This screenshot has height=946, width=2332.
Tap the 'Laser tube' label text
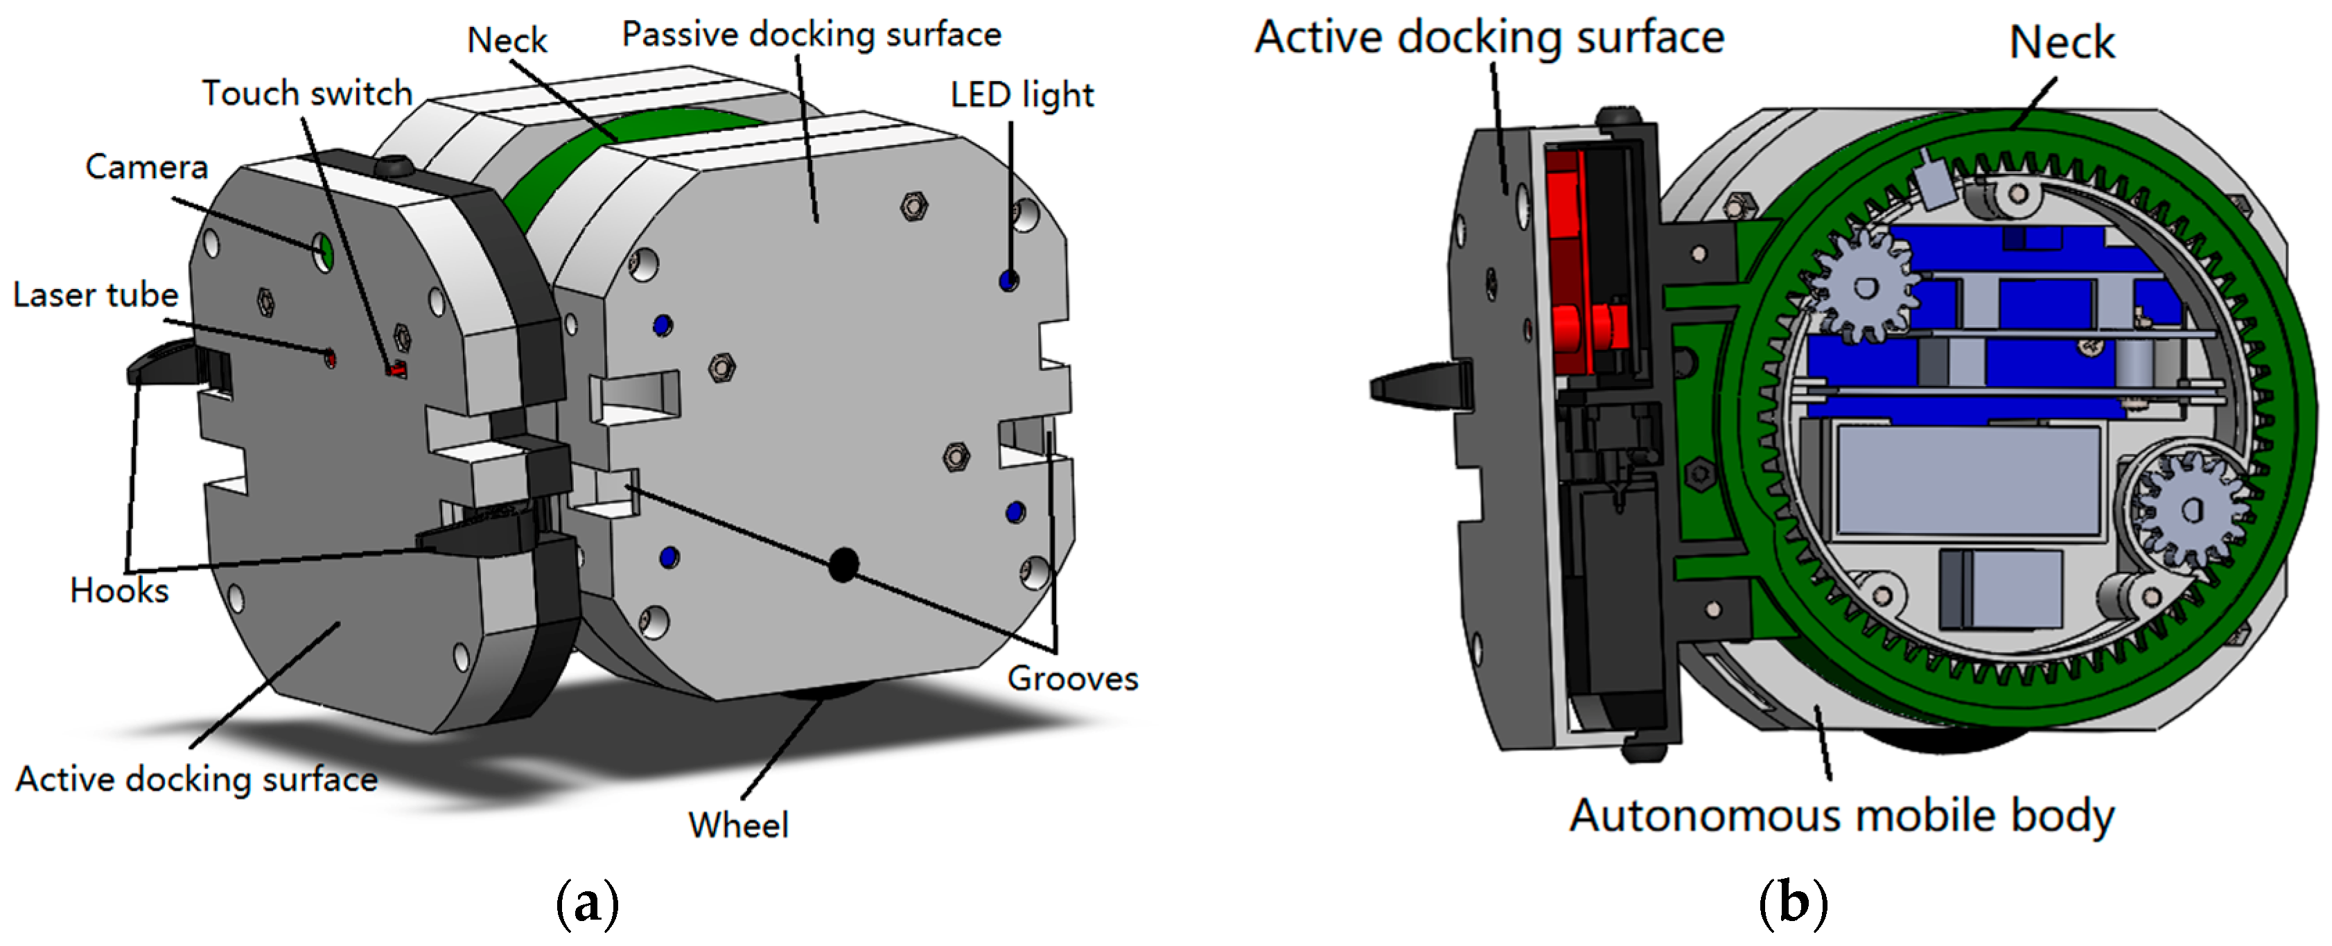point(95,295)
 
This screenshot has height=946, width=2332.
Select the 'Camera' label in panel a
point(147,166)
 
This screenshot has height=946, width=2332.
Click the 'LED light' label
point(1022,95)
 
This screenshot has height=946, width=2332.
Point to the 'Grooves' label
point(1073,678)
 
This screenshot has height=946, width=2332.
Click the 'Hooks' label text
point(119,590)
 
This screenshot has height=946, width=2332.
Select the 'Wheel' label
point(738,825)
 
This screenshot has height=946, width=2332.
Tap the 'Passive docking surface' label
point(811,35)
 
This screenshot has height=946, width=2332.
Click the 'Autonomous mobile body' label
point(1841,816)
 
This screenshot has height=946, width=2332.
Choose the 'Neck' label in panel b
point(2061,42)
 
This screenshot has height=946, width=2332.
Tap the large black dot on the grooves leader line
point(843,565)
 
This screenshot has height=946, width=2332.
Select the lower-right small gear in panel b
point(2189,509)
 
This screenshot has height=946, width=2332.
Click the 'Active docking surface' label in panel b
point(1489,38)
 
